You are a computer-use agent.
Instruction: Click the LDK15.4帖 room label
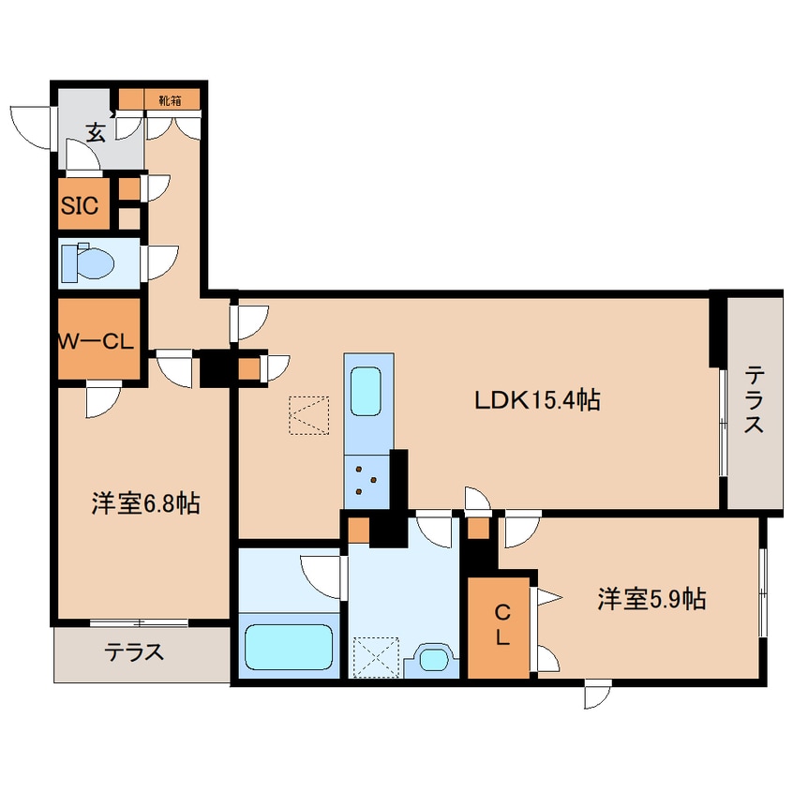tap(536, 400)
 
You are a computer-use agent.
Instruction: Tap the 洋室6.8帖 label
tap(144, 503)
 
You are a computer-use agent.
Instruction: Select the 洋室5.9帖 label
tap(651, 598)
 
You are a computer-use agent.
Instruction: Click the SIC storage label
tap(79, 206)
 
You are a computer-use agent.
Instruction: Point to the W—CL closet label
tap(98, 342)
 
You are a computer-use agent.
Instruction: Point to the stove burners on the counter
tap(366, 480)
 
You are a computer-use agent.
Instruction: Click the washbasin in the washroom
tap(432, 658)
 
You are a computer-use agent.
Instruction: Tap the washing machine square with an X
tap(376, 657)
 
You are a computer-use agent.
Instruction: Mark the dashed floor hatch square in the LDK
tap(309, 415)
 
